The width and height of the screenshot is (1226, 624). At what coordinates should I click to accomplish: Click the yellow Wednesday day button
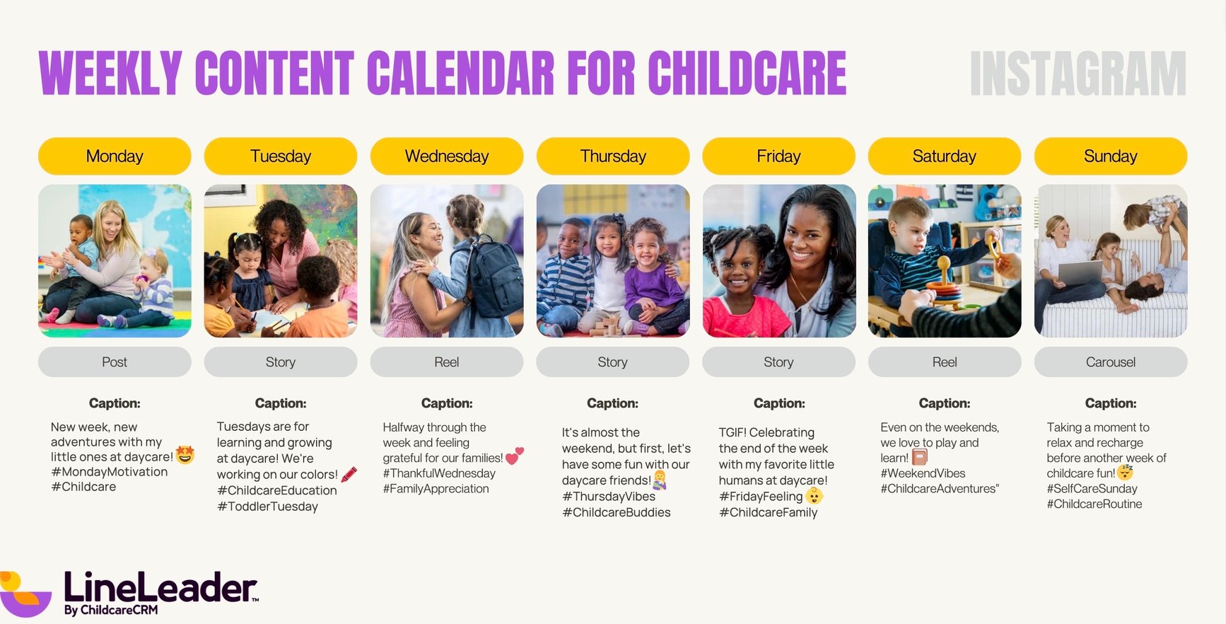[447, 156]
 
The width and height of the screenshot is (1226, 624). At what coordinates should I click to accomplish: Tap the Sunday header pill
[1110, 156]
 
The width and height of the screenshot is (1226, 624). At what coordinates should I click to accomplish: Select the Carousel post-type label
[1110, 362]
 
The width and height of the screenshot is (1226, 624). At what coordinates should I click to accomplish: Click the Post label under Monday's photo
[115, 362]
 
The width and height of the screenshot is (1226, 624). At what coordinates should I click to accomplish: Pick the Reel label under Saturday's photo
[944, 362]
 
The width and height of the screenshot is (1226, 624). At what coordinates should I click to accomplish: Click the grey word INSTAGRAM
[1078, 74]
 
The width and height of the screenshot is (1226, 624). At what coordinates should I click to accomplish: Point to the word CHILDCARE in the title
[747, 74]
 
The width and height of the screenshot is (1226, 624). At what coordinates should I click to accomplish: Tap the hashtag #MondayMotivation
[110, 472]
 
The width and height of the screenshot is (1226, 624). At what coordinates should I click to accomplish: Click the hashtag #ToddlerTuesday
[268, 507]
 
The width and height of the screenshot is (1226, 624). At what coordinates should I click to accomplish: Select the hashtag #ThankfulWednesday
[439, 473]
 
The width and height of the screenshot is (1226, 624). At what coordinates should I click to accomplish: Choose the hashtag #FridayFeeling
[761, 497]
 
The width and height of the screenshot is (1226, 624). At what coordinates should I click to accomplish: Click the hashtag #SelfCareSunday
[1092, 489]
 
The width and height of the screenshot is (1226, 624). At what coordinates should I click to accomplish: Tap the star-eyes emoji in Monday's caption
[185, 455]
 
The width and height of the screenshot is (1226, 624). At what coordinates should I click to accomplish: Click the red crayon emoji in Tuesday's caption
[349, 474]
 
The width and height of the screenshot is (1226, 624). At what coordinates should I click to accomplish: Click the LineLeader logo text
[160, 589]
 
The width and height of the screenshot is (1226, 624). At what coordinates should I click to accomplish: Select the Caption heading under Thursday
[612, 403]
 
